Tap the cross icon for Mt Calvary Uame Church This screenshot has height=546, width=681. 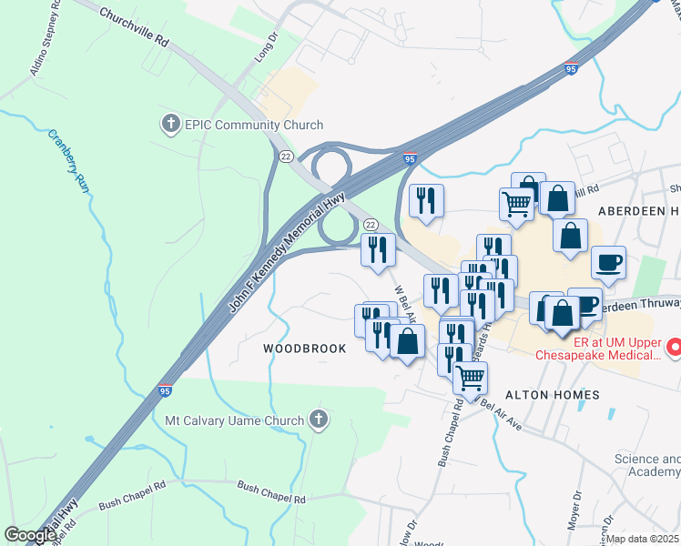click(318, 420)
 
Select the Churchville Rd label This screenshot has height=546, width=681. click(134, 28)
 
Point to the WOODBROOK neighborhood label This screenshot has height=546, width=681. click(305, 349)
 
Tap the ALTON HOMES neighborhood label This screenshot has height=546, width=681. click(553, 394)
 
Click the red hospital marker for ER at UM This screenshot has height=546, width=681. click(674, 347)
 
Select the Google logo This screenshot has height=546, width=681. click(29, 535)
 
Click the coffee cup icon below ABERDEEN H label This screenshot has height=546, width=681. click(608, 263)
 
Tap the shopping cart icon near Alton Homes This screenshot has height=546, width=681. click(470, 377)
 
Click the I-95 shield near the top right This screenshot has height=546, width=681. click(571, 68)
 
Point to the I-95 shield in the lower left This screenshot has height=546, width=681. click(167, 390)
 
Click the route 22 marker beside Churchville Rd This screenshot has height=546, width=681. click(286, 157)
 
